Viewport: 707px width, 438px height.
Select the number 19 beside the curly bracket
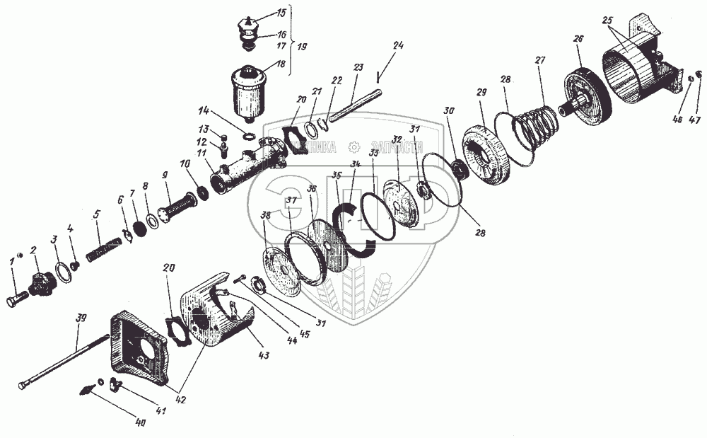(302, 46)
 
